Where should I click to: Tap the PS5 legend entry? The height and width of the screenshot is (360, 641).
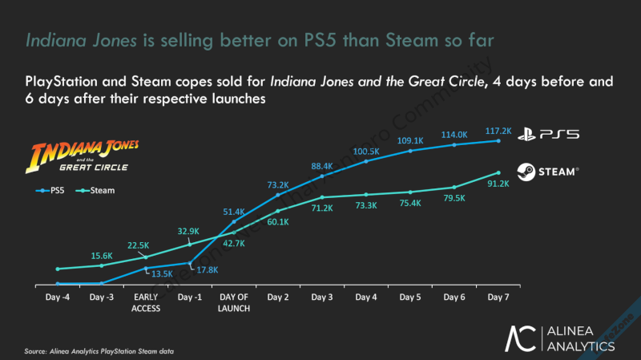point(53,191)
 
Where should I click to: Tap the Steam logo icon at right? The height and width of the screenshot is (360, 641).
point(527,171)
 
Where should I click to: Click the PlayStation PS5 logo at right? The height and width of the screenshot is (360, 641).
point(547,135)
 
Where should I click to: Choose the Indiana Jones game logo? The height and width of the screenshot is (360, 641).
point(85,156)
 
